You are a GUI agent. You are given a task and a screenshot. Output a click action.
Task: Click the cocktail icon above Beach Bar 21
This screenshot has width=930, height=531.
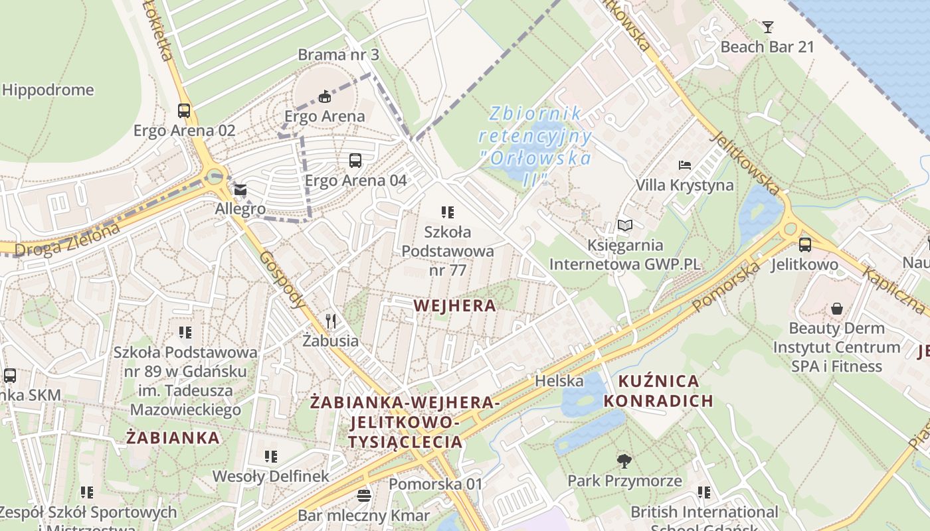click(x=768, y=27)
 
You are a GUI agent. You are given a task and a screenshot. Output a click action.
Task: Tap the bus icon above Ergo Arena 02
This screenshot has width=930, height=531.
click(x=184, y=111)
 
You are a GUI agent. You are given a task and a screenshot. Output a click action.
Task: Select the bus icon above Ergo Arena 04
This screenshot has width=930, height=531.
click(x=355, y=161)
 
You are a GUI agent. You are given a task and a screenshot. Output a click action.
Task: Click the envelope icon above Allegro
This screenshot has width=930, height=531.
click(x=240, y=190)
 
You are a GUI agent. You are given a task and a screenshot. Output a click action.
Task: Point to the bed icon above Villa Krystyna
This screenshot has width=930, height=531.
click(x=685, y=165)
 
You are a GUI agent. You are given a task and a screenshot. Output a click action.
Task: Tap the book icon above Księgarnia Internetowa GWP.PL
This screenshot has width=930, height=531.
click(x=624, y=226)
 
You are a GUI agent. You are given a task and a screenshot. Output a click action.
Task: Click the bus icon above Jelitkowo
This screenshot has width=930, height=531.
click(x=805, y=245)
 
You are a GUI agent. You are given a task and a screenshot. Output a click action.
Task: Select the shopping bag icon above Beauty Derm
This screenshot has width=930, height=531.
click(x=836, y=309)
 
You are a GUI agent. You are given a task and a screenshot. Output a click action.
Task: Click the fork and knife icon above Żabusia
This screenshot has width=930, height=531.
click(x=331, y=321)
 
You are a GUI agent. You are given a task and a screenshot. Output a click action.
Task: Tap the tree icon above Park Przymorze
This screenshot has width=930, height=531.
click(x=624, y=461)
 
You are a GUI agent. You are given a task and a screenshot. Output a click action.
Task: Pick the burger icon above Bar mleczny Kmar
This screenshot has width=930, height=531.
click(x=363, y=495)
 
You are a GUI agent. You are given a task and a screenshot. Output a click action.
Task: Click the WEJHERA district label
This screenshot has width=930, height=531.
click(x=454, y=306)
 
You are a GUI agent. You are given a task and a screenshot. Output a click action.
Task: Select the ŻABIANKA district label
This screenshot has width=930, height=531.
click(x=173, y=437)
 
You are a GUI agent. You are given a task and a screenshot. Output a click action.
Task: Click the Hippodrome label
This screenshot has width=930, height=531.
click(x=48, y=90)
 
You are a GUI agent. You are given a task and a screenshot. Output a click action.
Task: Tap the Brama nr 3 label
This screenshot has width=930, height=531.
click(x=338, y=55)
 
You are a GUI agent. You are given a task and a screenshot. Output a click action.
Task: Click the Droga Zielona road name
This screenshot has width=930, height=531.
click(x=67, y=240)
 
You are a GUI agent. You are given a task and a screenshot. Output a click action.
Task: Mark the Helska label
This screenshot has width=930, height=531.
click(x=559, y=381)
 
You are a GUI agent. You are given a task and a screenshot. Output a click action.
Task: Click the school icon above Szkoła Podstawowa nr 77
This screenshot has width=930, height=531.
click(x=448, y=212)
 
